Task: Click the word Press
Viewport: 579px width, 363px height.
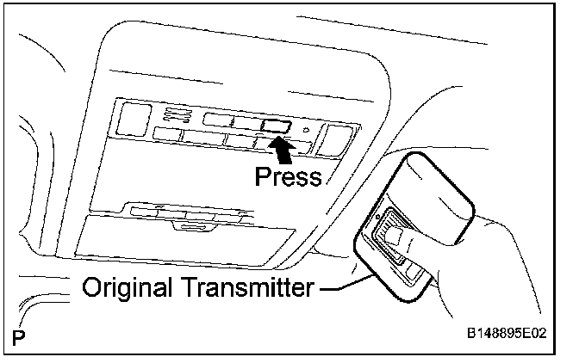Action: pos(289,177)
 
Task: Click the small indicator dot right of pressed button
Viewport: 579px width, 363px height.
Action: pos(306,131)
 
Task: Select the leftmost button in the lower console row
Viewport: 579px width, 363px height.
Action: pos(167,133)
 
